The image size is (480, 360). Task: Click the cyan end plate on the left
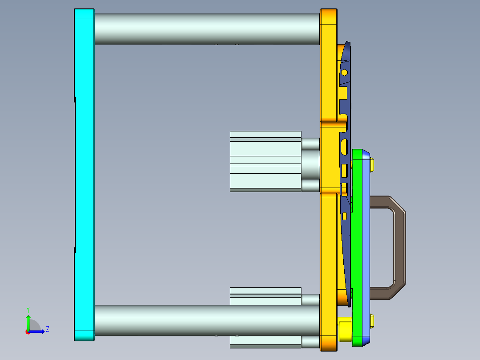tap(84, 174)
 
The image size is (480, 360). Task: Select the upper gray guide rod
tap(205, 29)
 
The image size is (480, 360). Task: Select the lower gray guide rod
tap(205, 320)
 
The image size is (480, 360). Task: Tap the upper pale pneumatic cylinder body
tap(265, 161)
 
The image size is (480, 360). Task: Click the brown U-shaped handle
tap(399, 247)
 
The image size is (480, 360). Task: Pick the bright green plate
tap(357, 245)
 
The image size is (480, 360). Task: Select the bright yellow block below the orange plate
tap(345, 330)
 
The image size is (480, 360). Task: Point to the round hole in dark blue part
tap(344, 72)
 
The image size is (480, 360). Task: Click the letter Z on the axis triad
tap(47, 329)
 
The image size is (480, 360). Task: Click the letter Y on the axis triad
tap(28, 309)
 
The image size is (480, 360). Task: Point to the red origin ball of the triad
tap(28, 332)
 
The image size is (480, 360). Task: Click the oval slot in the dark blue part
tap(344, 146)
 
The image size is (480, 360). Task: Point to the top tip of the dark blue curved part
tap(349, 43)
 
